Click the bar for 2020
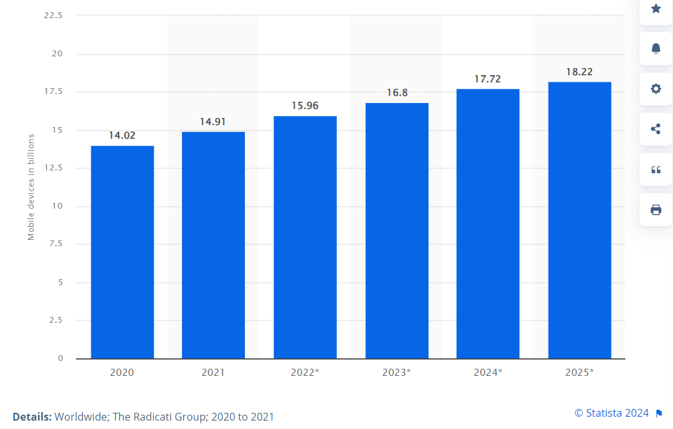point(122,252)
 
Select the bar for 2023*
point(396,231)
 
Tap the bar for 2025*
point(579,220)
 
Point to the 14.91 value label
point(213,121)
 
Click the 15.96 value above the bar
point(304,106)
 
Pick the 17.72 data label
point(488,78)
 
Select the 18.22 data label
point(579,72)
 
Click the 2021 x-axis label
point(213,373)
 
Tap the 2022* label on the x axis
point(304,373)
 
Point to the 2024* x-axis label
point(488,373)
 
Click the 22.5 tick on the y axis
point(53,16)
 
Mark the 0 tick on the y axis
point(60,358)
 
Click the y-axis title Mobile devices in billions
point(31,187)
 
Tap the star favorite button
point(656,9)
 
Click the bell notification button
point(656,49)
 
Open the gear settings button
point(656,89)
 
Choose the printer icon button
point(656,209)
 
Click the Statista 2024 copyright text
point(612,413)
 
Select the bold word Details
point(32,417)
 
